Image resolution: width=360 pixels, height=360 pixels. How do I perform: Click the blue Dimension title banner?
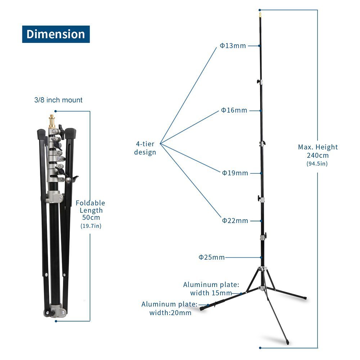(56, 34)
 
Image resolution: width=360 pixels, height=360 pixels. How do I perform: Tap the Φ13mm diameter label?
(233, 46)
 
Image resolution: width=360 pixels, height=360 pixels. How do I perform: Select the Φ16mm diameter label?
(234, 110)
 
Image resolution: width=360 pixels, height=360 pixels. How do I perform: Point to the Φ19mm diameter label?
(235, 173)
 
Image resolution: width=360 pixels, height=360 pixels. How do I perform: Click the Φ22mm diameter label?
(235, 221)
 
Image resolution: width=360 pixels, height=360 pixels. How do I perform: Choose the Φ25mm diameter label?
(211, 257)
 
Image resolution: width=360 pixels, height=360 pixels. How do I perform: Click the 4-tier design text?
(145, 148)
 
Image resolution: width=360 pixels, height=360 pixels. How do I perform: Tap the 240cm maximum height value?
(318, 156)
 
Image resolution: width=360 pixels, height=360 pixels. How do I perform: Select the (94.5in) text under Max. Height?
(317, 163)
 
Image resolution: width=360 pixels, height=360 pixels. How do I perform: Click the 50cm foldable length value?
(91, 217)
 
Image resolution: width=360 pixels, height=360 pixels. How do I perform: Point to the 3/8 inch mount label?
(58, 100)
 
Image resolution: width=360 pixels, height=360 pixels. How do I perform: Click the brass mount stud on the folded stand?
(52, 121)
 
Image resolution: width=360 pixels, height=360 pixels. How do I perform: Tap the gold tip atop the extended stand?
(260, 15)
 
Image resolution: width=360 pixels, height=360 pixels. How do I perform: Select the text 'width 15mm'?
(211, 293)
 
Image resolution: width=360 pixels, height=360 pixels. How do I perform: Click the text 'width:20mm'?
(170, 313)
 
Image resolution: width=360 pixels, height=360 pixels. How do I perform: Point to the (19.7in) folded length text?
(91, 226)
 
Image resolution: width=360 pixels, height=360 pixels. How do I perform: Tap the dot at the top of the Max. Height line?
(260, 10)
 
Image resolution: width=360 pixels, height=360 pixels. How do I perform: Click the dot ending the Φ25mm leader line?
(261, 257)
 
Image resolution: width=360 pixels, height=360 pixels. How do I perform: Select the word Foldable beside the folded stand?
(90, 203)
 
